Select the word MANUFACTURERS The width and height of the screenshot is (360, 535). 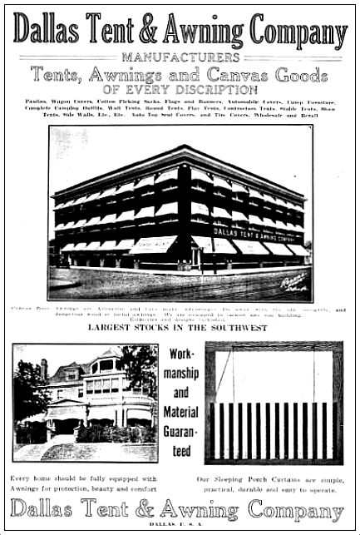180,57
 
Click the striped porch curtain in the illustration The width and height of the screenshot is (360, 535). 271,430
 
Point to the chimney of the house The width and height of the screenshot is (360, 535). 44,369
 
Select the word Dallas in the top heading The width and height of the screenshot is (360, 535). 45,32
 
